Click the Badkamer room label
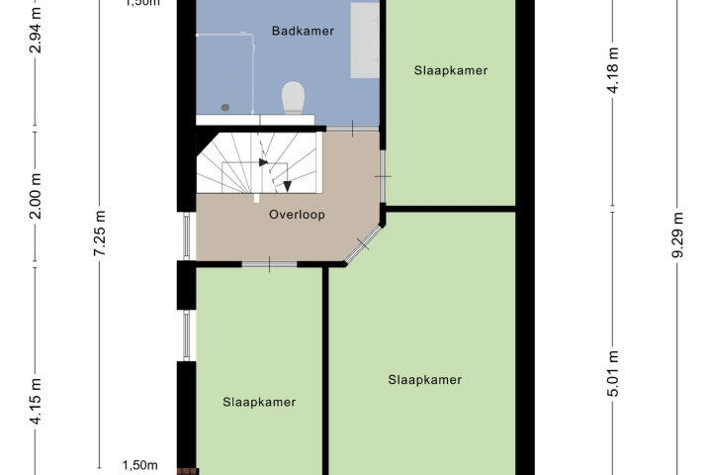tap(303, 31)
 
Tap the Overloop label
tap(297, 215)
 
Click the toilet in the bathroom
tap(293, 97)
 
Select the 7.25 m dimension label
tap(100, 233)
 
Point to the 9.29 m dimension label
tap(677, 235)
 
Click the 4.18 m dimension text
tap(613, 70)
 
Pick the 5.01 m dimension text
tap(613, 373)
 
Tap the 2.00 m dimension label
tap(36, 196)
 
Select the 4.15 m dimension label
tap(36, 401)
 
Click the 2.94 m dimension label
tap(36, 30)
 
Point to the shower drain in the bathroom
tap(225, 108)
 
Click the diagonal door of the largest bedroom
tap(363, 244)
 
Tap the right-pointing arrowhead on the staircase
tap(263, 162)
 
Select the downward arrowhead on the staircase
tap(287, 186)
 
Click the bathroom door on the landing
tap(353, 129)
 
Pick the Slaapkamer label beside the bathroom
tap(451, 70)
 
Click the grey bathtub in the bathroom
tap(365, 40)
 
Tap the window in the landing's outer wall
tap(187, 237)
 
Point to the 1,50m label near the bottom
tap(139, 465)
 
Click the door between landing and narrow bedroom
tap(269, 264)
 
